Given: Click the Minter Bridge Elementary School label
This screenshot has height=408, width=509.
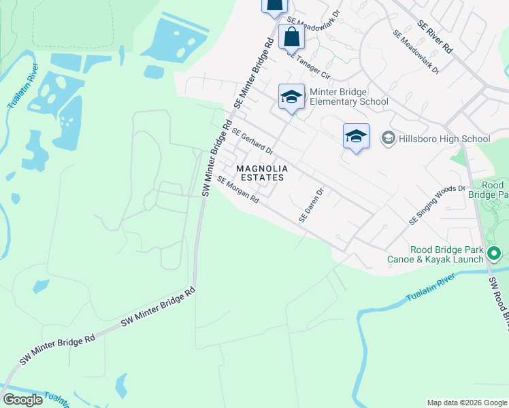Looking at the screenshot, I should click(x=348, y=97).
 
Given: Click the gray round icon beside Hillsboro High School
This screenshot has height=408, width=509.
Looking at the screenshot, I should click(x=388, y=139).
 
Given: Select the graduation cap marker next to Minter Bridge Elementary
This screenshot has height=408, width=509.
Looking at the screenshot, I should click(x=291, y=97).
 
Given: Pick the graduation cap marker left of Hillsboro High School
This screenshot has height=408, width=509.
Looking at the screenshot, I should click(x=356, y=137).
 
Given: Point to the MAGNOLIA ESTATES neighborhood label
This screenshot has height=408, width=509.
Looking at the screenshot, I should click(x=261, y=173).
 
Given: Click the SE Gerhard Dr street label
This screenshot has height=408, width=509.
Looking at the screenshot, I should click(x=252, y=141).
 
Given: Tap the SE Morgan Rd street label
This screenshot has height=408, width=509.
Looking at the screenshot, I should click(x=238, y=190).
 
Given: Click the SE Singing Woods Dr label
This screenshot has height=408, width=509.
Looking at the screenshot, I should click(x=437, y=205).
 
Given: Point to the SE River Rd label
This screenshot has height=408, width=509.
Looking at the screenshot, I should click(x=435, y=37).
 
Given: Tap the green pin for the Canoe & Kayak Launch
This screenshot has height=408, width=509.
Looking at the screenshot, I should click(x=495, y=255).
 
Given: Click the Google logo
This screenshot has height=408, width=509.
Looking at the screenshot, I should click(x=22, y=400).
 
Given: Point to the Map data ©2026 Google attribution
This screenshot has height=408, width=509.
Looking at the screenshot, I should click(x=467, y=403).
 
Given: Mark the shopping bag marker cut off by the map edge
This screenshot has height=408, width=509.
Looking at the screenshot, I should click(x=274, y=6).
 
